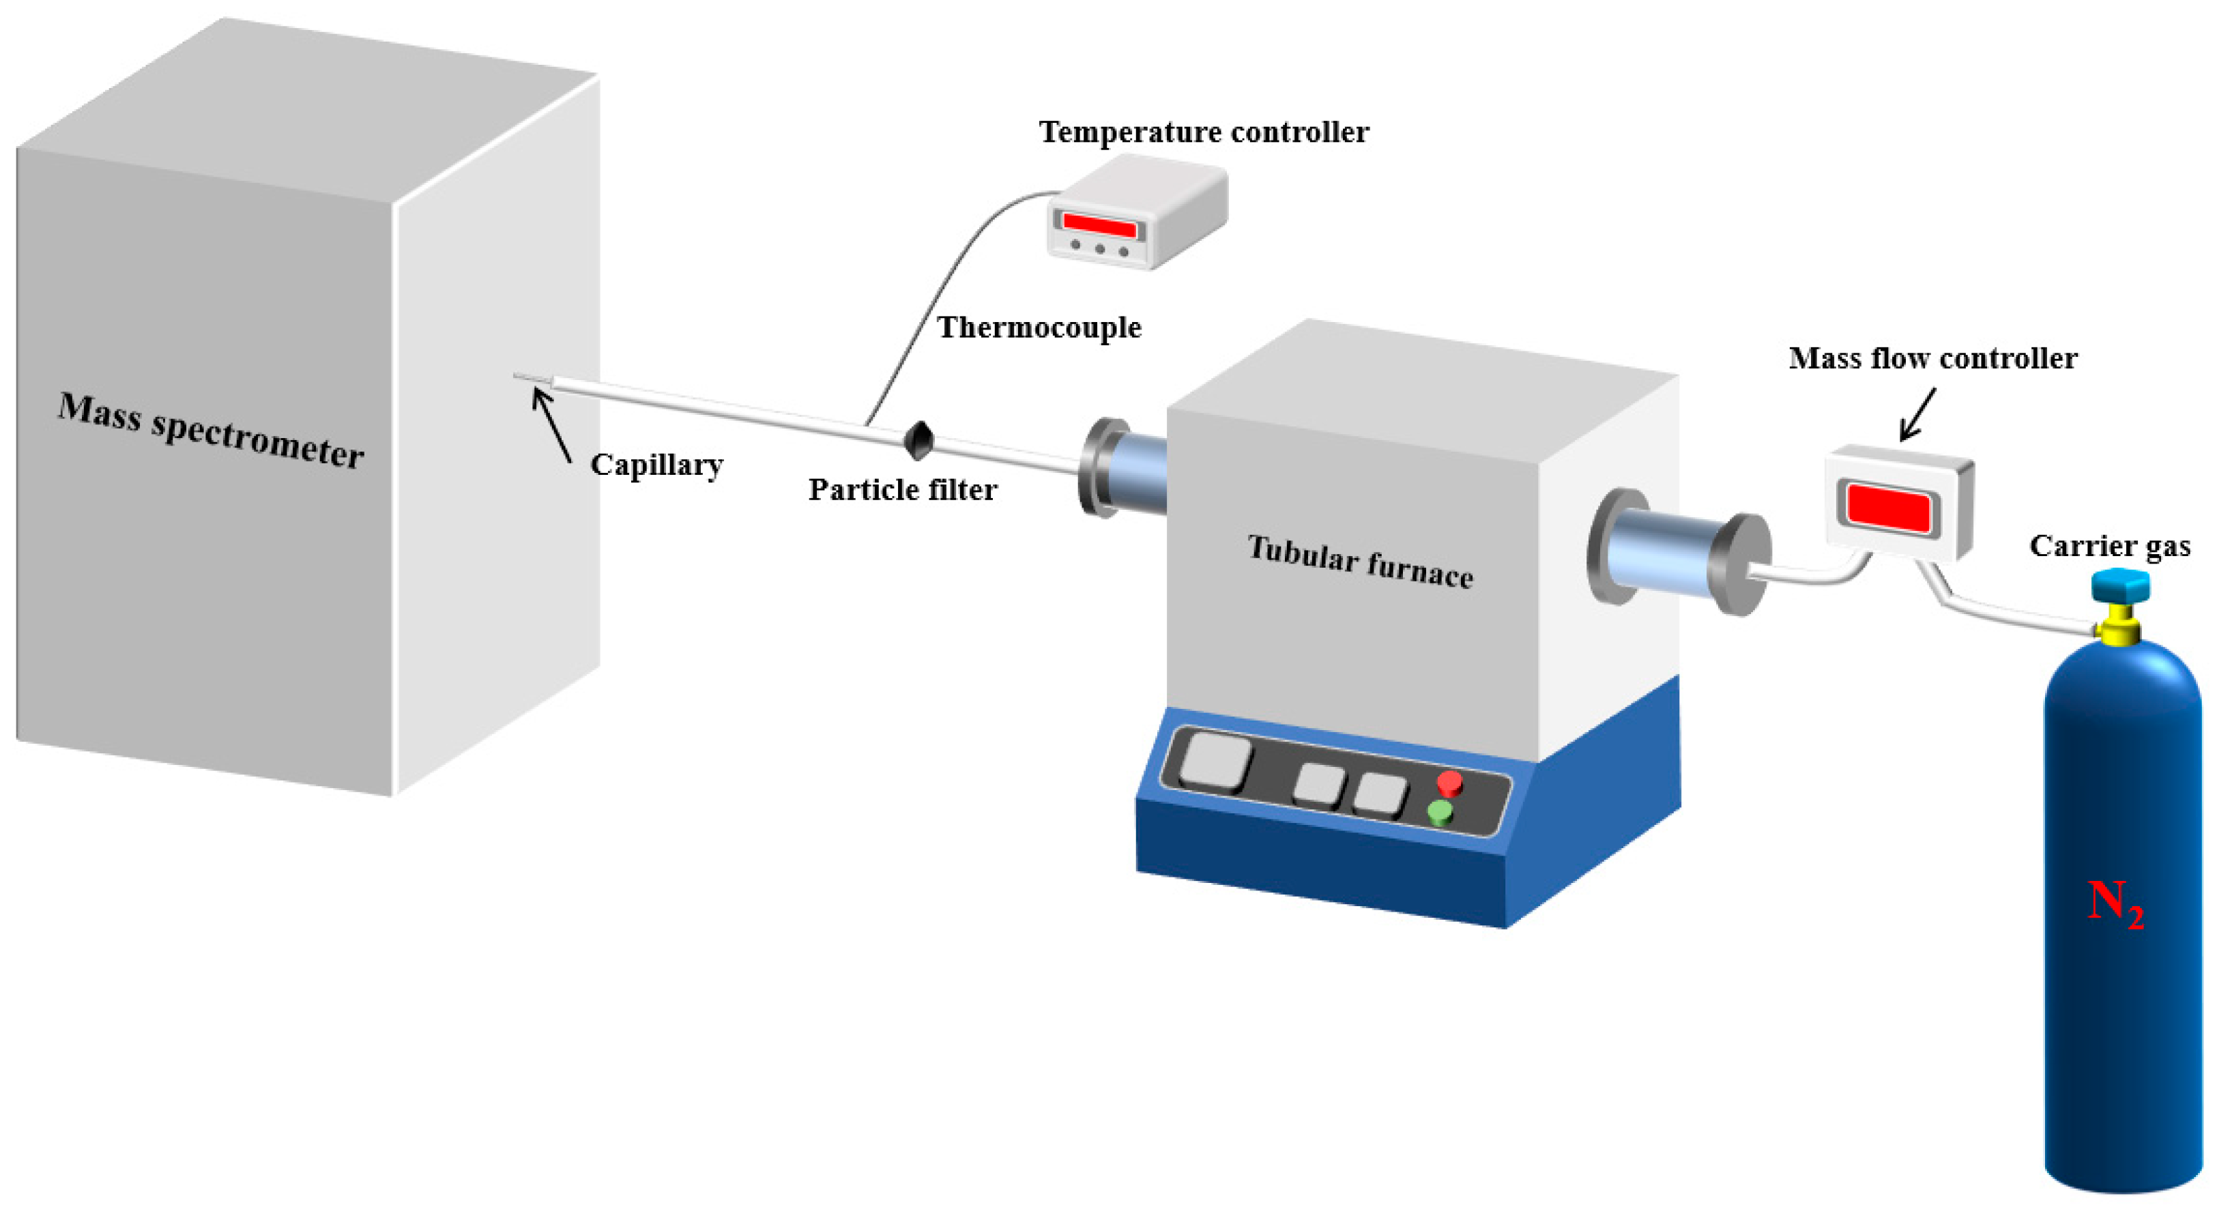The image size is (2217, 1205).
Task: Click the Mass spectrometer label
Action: [x=211, y=431]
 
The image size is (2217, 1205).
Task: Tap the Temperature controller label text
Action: [x=1203, y=132]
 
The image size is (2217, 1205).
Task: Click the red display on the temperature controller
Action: [x=1099, y=225]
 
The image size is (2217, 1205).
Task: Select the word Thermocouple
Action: [x=1039, y=327]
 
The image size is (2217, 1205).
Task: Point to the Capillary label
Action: [x=656, y=465]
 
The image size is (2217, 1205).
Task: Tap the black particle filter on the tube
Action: [x=918, y=440]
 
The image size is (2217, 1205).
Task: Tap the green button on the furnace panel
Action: [x=1440, y=813]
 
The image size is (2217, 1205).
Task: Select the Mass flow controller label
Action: [x=1932, y=358]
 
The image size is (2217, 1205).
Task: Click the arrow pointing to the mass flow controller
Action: [x=1917, y=416]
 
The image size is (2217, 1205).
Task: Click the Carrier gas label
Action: [x=2109, y=546]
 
